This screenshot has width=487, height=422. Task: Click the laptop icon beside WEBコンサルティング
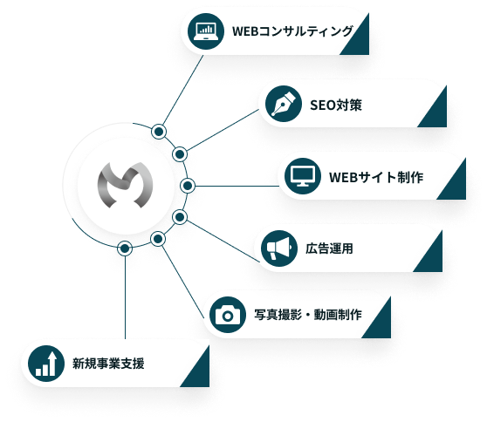(x=206, y=31)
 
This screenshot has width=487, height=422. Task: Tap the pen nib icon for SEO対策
(x=284, y=104)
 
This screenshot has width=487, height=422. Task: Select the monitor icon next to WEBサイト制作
(x=303, y=176)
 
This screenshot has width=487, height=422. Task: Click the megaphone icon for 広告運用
(x=279, y=248)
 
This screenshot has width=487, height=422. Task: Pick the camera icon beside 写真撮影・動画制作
(x=228, y=315)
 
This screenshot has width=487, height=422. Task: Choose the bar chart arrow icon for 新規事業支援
(x=46, y=364)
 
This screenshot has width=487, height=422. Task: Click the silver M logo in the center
(x=126, y=185)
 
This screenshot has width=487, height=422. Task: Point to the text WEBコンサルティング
(x=292, y=31)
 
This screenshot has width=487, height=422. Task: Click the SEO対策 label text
(x=336, y=105)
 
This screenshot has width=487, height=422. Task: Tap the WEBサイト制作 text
(x=376, y=177)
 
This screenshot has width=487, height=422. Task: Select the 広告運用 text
(x=329, y=248)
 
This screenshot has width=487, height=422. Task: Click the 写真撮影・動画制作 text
(x=308, y=315)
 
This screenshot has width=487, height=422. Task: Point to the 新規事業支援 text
(x=108, y=364)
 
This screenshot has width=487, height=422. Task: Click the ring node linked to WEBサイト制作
(x=188, y=186)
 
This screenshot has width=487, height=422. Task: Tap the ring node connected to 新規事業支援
(x=125, y=248)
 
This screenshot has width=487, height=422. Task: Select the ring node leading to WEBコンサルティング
(x=159, y=132)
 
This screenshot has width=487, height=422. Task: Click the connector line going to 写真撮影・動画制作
(x=183, y=282)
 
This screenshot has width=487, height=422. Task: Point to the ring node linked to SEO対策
(x=180, y=154)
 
